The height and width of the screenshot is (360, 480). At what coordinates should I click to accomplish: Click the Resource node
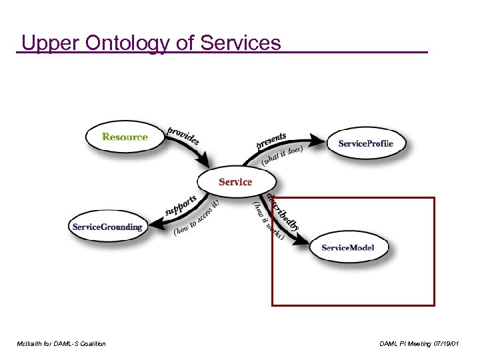pos(125,137)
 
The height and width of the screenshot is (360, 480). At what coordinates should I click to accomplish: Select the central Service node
pos(235,181)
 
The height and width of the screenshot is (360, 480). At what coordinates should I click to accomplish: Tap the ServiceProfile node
pos(365,143)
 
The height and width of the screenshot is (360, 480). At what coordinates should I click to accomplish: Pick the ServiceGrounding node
pos(107,227)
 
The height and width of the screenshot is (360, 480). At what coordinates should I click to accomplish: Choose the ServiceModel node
pos(347,247)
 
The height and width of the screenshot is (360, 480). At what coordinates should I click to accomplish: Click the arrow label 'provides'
pos(183,135)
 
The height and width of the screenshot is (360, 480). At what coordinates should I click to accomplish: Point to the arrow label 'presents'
pos(271,141)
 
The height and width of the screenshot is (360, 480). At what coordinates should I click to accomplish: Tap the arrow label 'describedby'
pos(283,211)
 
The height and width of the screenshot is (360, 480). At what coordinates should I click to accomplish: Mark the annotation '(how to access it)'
pos(197,219)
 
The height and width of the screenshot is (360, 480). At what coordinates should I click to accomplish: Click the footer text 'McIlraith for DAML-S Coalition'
pos(61,343)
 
